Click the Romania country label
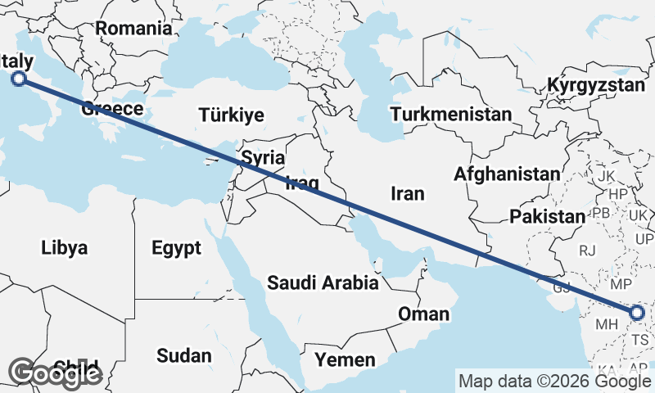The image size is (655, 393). click(133, 28)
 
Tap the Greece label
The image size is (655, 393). click(113, 109)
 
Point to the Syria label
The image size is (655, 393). click(264, 157)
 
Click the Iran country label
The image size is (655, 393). click(408, 193)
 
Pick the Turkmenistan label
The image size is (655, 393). click(451, 114)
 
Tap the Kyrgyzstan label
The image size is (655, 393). click(597, 85)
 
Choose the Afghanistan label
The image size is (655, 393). click(507, 174)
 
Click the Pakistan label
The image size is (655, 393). click(548, 217)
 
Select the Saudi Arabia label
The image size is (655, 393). click(323, 283)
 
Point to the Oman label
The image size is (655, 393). click(423, 314)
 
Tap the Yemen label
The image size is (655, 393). click(348, 359)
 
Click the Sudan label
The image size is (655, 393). click(183, 355)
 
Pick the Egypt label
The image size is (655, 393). click(176, 247)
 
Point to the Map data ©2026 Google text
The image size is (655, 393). click(554, 381)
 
